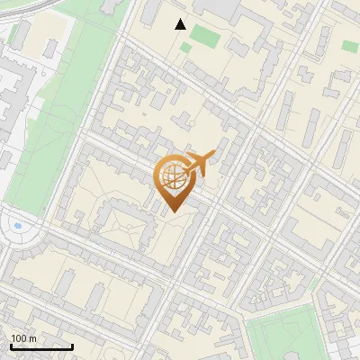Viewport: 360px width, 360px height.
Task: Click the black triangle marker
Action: pyautogui.click(x=181, y=24)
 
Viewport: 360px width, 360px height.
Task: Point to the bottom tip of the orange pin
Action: pyautogui.click(x=172, y=211)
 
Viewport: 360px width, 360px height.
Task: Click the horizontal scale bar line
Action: pyautogui.click(x=41, y=346)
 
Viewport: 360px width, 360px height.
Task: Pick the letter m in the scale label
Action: pyautogui.click(x=33, y=338)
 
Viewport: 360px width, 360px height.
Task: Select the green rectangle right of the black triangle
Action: pyautogui.click(x=204, y=37)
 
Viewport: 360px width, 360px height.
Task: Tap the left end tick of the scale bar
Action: pyautogui.click(x=11, y=346)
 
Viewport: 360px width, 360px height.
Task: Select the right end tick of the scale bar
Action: pyautogui.click(x=72, y=346)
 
